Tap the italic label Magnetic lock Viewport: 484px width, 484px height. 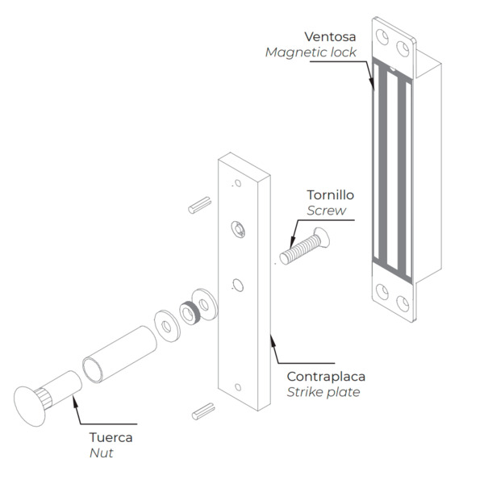click(310, 52)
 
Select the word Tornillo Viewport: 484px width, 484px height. click(330, 195)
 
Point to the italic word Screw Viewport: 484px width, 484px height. click(326, 211)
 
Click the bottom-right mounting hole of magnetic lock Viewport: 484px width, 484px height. click(403, 304)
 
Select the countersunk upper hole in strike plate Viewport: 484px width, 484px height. click(238, 228)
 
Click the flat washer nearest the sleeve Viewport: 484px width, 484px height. click(167, 326)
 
